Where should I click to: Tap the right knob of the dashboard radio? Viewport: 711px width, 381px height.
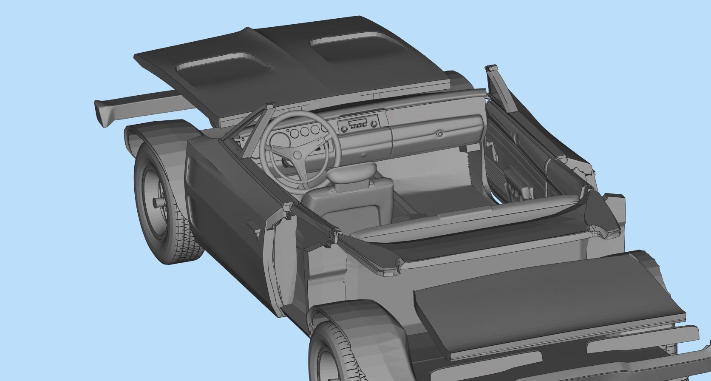coord(374,124)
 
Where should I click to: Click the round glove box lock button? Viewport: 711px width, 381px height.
coord(439,134)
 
